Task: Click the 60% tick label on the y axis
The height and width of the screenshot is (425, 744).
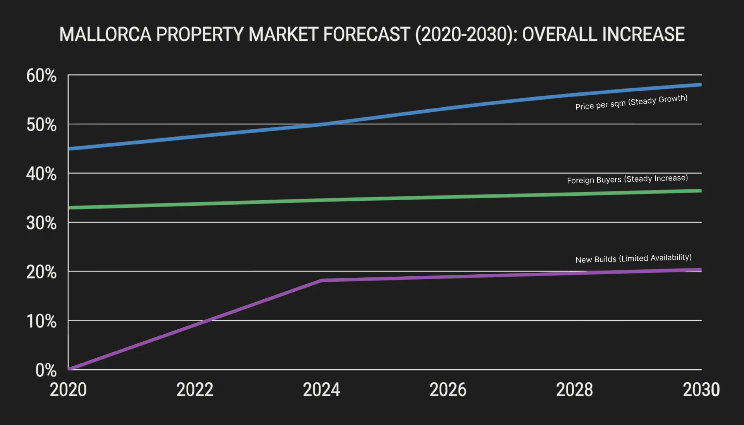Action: (41, 76)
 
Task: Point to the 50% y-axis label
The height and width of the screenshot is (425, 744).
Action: (41, 125)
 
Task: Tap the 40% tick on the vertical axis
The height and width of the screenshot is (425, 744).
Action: (41, 174)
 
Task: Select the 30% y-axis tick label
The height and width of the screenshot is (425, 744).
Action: (41, 223)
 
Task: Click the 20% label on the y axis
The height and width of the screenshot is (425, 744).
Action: (41, 272)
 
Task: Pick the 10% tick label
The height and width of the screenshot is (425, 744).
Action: (41, 322)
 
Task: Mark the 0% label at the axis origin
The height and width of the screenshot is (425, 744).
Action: (46, 370)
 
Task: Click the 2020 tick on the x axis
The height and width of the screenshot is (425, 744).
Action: (68, 390)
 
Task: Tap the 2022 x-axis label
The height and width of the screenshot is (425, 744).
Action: (195, 390)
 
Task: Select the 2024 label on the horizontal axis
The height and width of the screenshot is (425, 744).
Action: (321, 390)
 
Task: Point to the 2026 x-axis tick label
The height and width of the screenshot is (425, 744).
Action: (448, 390)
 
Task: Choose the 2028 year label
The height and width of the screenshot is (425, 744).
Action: (574, 390)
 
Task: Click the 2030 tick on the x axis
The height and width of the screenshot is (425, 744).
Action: (701, 390)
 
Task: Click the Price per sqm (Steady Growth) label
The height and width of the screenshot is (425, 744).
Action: (631, 102)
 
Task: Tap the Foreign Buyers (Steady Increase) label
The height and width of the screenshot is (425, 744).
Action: (627, 179)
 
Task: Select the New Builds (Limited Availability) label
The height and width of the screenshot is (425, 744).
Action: (633, 258)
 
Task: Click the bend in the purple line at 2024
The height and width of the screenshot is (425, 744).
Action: (322, 280)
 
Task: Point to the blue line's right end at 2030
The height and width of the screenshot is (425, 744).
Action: (700, 85)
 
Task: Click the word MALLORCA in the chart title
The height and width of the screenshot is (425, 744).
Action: (105, 34)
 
